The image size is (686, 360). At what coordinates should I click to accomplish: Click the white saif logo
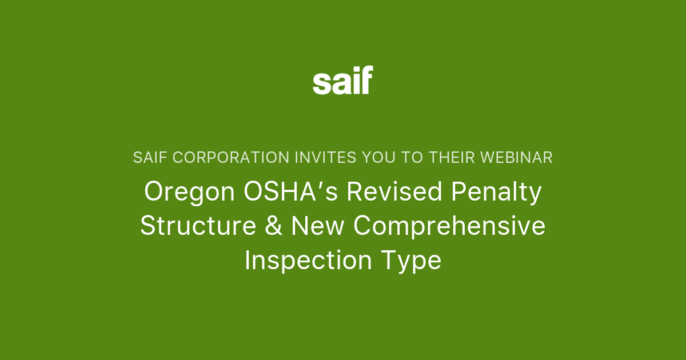click(342, 81)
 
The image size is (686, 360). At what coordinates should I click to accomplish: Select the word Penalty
click(496, 192)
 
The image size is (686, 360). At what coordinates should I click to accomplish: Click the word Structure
click(198, 226)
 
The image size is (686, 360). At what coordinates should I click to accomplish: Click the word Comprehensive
click(449, 226)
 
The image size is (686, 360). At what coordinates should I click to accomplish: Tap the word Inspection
click(308, 261)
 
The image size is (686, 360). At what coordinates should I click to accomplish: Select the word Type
click(410, 261)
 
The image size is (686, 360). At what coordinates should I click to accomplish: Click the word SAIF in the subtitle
click(147, 158)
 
